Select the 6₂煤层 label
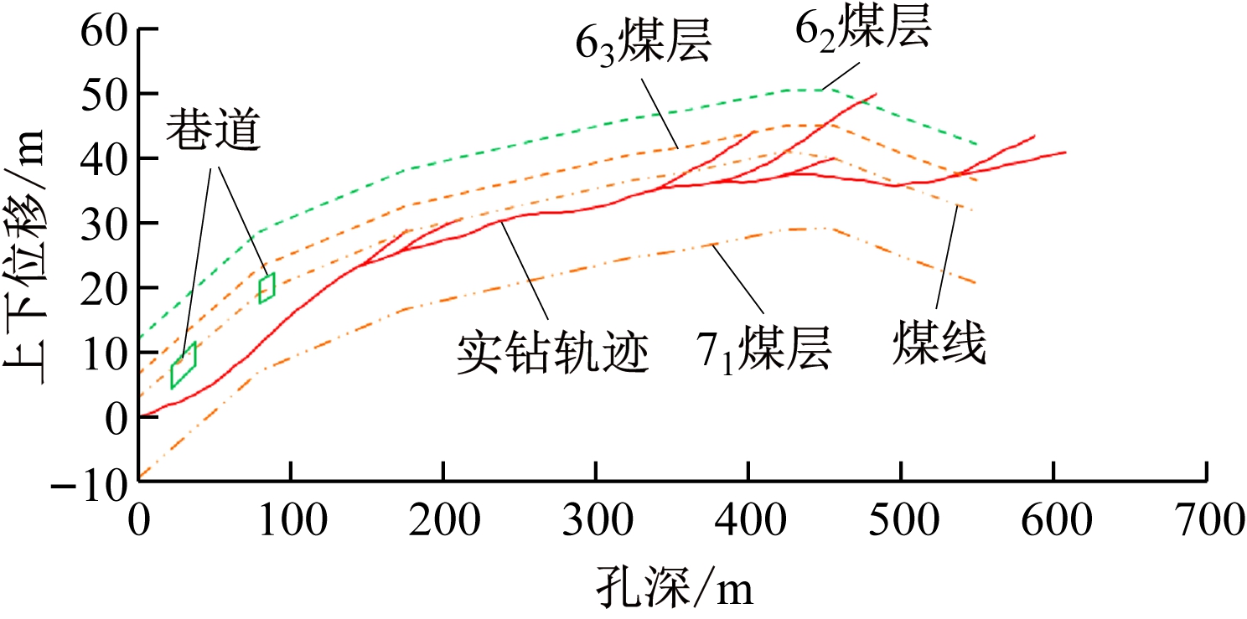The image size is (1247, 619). tap(862, 32)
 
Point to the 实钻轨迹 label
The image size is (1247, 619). tap(553, 352)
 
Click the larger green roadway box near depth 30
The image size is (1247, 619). tap(184, 365)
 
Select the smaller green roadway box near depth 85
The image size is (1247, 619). tap(266, 288)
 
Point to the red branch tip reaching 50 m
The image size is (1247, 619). tap(876, 94)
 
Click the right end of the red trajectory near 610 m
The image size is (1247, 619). tap(1065, 152)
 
